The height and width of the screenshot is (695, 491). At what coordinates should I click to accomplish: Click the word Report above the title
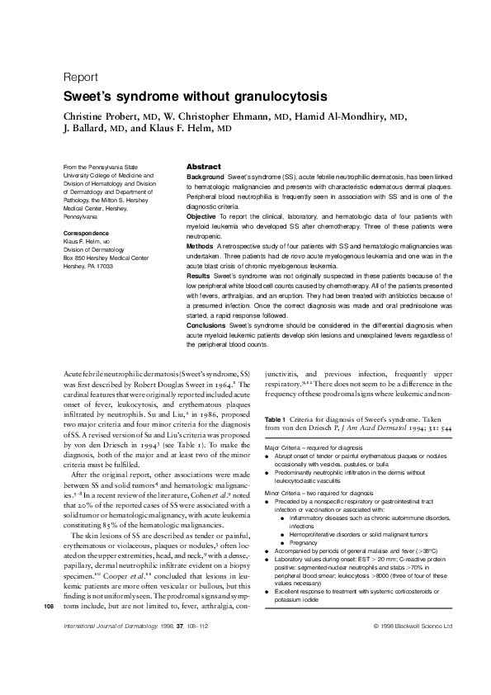pos(81,77)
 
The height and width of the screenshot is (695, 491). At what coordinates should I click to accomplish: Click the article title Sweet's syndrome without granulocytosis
pos(196,96)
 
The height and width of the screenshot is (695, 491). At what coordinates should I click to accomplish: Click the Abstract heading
pos(203,167)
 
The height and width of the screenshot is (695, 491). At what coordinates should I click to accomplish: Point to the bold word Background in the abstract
pos(205,177)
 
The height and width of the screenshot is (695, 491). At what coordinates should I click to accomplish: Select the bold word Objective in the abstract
pos(203,216)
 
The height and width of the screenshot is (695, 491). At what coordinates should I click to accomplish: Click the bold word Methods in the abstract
pos(201,246)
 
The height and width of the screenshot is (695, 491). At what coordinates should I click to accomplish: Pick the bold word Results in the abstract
pos(199,276)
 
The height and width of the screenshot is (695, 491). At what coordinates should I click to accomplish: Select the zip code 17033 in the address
pos(103,267)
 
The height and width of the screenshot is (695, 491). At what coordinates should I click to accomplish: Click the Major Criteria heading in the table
pos(282,447)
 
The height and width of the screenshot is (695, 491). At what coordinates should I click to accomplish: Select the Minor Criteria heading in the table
pos(282,492)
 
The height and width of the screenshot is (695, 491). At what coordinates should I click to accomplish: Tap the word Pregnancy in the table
pos(305,544)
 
